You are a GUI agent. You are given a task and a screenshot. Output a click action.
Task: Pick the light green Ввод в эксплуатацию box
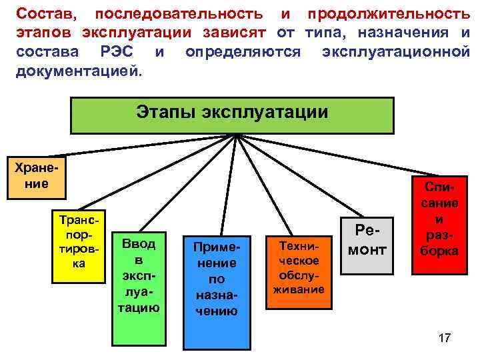(139, 276)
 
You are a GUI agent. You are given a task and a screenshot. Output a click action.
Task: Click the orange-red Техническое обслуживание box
(299, 271)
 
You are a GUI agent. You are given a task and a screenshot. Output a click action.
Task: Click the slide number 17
(444, 338)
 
